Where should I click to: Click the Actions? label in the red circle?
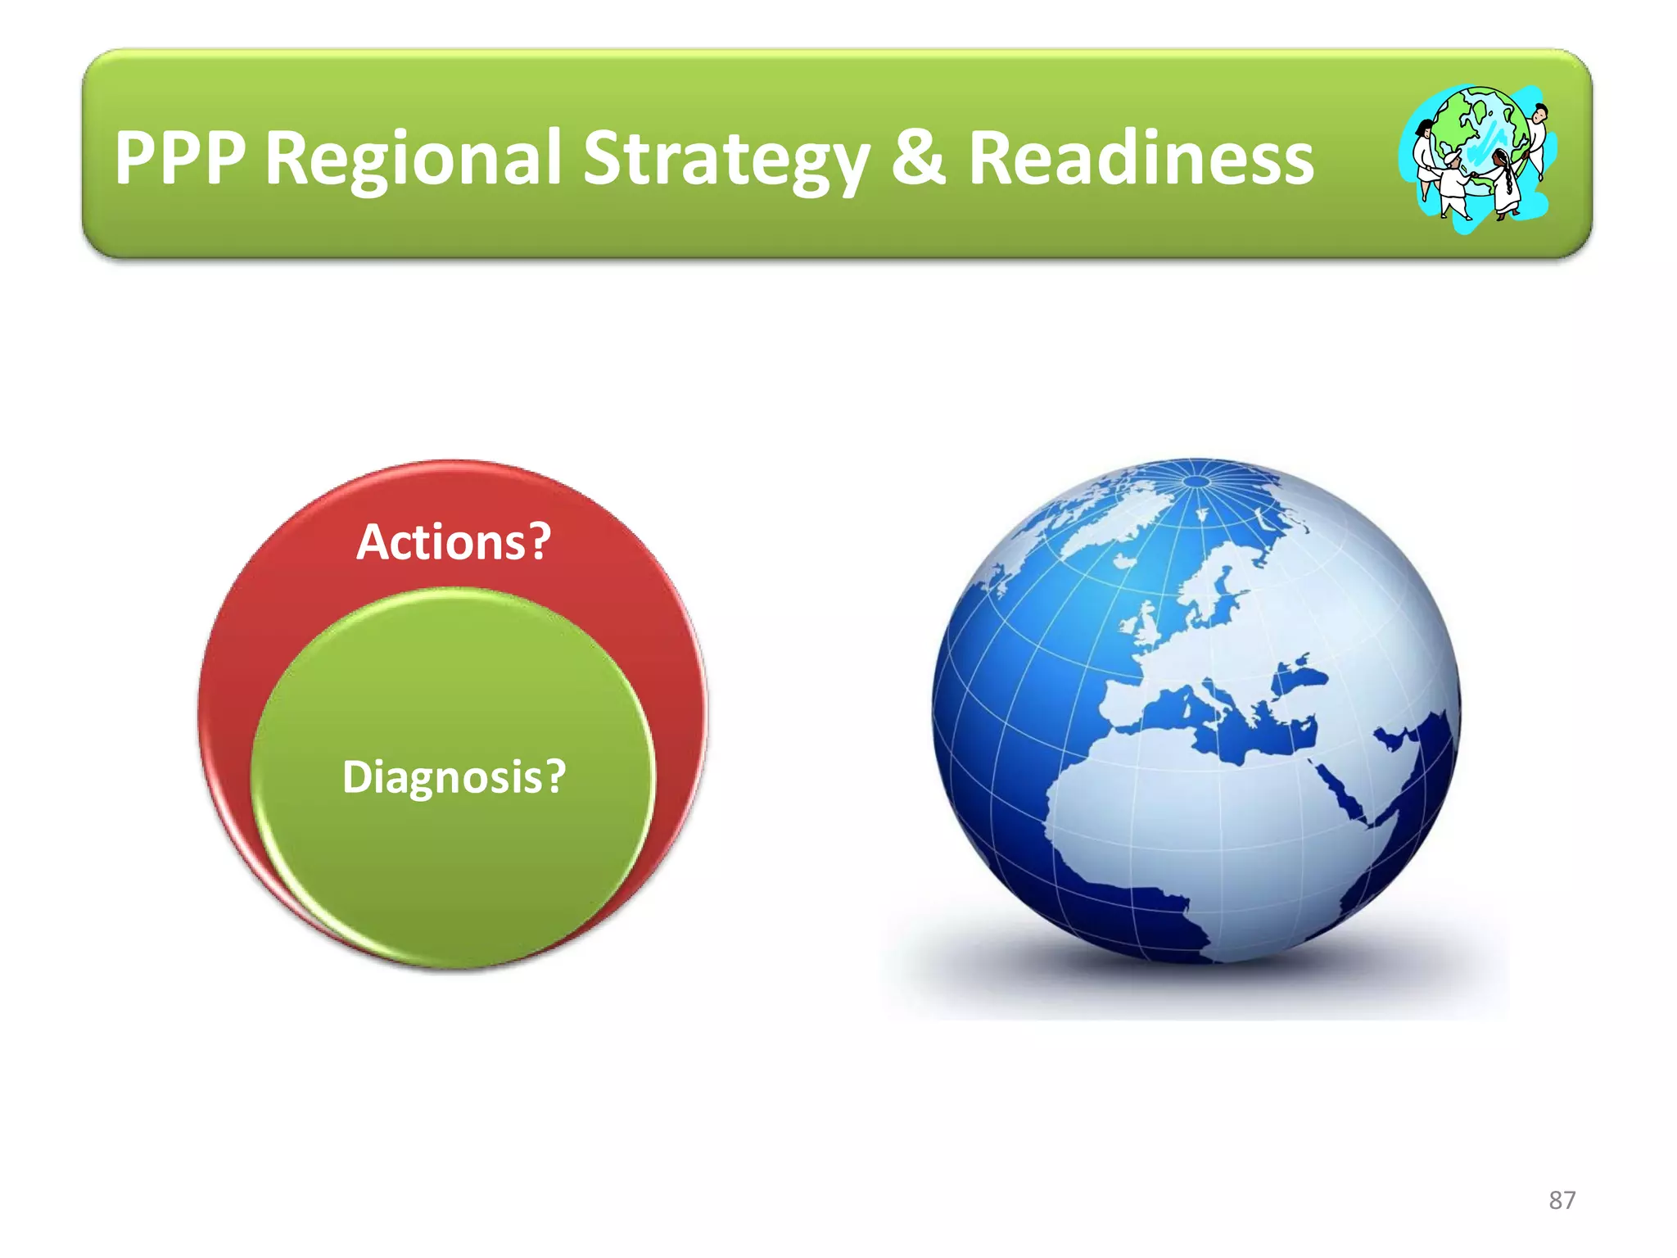tap(454, 542)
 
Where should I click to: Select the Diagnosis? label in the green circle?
tap(454, 776)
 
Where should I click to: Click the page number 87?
tap(1562, 1200)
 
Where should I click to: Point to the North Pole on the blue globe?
tap(1196, 481)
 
